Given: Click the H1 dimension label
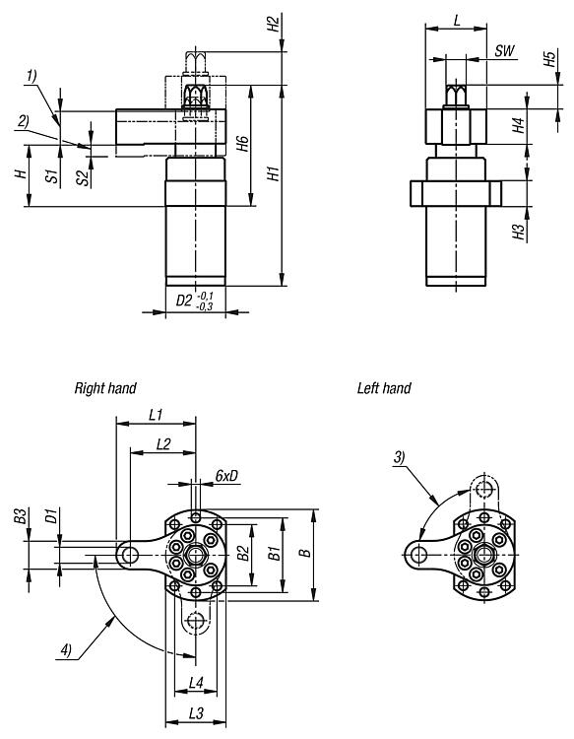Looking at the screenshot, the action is [274, 173].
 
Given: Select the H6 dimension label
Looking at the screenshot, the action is [242, 143].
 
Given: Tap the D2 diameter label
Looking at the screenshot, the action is [184, 301].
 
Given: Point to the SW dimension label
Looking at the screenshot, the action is [505, 51].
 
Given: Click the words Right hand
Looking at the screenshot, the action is [105, 388].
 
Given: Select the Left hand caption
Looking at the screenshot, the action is [384, 388].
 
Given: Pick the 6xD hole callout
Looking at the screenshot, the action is [227, 476].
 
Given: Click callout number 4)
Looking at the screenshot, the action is [66, 651].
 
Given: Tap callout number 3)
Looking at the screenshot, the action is [399, 457].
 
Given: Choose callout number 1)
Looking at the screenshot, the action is [32, 76].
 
